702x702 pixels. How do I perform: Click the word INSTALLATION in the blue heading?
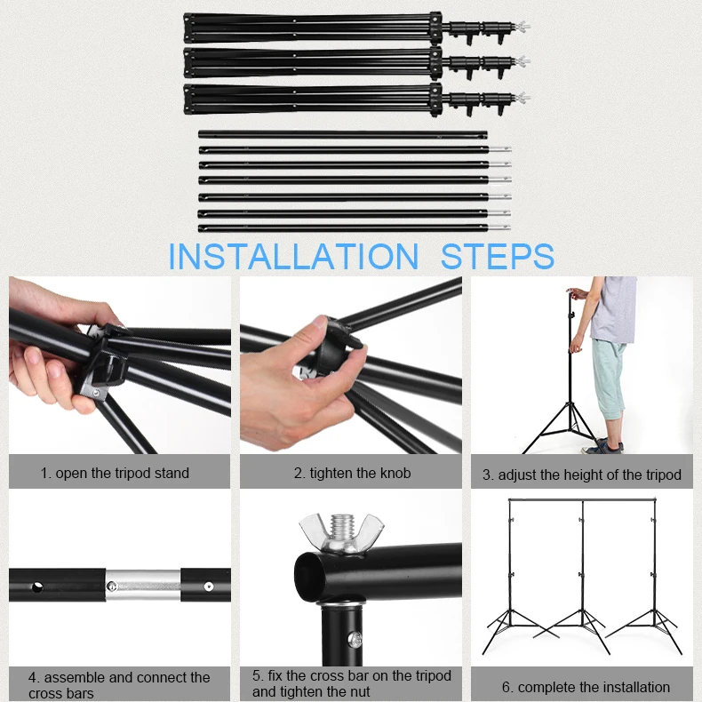click(293, 256)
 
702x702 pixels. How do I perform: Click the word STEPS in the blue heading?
click(498, 256)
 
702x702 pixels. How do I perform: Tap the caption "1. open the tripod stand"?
click(115, 473)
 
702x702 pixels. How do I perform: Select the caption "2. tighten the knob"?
click(353, 473)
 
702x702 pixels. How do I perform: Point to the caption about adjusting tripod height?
click(581, 475)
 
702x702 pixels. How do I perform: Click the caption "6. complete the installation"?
click(586, 687)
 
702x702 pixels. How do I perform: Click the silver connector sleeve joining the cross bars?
click(143, 586)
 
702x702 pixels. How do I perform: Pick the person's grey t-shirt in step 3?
click(613, 309)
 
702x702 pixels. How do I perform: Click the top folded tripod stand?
click(357, 28)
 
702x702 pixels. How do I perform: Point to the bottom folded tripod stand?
click(357, 99)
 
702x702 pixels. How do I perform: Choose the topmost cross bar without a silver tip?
click(342, 134)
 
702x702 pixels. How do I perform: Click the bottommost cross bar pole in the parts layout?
click(355, 227)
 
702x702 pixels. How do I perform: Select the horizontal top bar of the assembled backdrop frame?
click(582, 499)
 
